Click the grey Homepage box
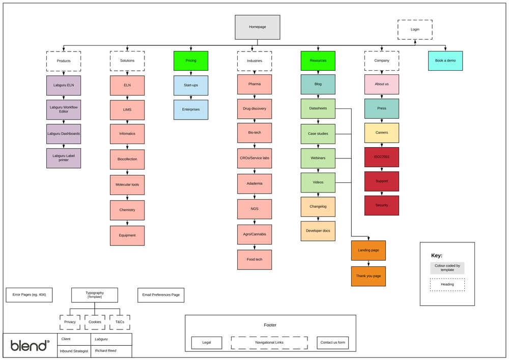[257, 27]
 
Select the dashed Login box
[415, 30]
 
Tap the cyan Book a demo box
[445, 61]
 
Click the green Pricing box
[191, 61]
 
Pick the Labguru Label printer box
[64, 158]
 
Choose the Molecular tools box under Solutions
[127, 185]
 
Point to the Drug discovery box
[254, 108]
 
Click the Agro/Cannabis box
[254, 234]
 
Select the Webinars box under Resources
[318, 158]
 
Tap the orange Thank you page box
[369, 276]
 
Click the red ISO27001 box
[382, 157]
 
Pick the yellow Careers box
[382, 132]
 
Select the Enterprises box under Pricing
[191, 109]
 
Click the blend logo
[30, 346]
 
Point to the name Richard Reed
[105, 351]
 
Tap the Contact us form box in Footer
[333, 343]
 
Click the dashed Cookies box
[95, 322]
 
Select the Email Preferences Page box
[161, 295]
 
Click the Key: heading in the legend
[437, 256]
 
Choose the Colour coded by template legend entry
[447, 268]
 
